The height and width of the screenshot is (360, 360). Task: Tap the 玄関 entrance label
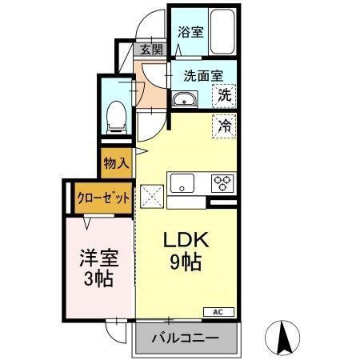pos(152,49)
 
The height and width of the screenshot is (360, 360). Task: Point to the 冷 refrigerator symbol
pos(225,125)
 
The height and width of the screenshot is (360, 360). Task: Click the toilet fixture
pos(116,117)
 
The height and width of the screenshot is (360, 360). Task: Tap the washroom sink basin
pos(185,101)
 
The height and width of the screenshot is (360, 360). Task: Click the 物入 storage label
pos(116,163)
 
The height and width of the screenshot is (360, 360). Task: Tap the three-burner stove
pos(222,183)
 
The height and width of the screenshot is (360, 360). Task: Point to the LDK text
pos(186,240)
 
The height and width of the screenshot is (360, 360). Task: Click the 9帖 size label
pos(186,262)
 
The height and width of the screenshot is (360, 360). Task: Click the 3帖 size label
pos(97,279)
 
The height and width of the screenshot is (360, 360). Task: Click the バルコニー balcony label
pos(186,338)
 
